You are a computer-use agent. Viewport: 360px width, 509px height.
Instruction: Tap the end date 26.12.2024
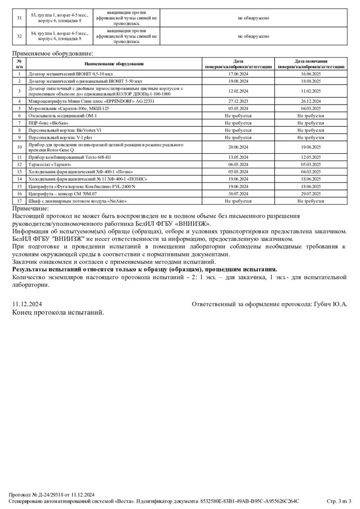pyautogui.click(x=311, y=101)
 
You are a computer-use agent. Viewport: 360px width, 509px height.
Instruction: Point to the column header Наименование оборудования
pyautogui.click(x=114, y=64)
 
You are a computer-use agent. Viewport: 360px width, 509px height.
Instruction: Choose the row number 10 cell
pyautogui.click(x=19, y=147)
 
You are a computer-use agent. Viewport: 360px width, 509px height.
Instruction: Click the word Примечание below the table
pyautogui.click(x=30, y=208)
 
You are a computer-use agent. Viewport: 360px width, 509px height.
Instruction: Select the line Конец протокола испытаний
pyautogui.click(x=58, y=312)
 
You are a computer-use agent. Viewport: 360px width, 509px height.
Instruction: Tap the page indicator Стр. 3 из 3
pyautogui.click(x=338, y=501)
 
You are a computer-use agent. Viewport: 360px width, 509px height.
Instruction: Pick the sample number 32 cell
pyautogui.click(x=19, y=36)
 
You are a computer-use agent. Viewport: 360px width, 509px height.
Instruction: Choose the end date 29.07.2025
pyautogui.click(x=311, y=194)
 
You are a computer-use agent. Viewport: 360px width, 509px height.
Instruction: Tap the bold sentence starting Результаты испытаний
pyautogui.click(x=145, y=269)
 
